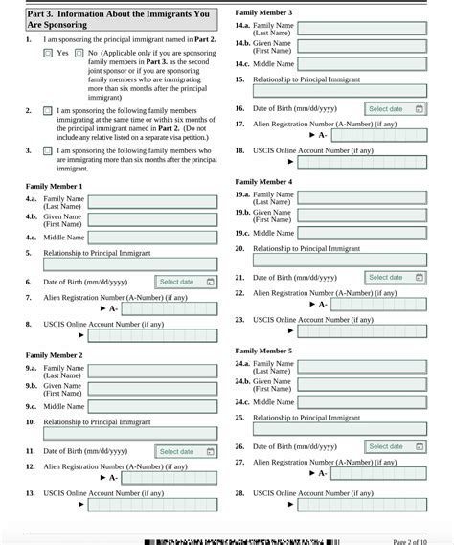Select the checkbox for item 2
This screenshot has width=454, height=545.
coord(48,111)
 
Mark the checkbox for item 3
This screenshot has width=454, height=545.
coord(48,151)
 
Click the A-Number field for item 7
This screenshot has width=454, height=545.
coord(169,308)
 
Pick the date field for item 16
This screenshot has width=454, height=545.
coord(394,109)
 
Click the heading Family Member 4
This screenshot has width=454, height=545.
coord(263,181)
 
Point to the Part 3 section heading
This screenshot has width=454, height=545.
coord(120,20)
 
